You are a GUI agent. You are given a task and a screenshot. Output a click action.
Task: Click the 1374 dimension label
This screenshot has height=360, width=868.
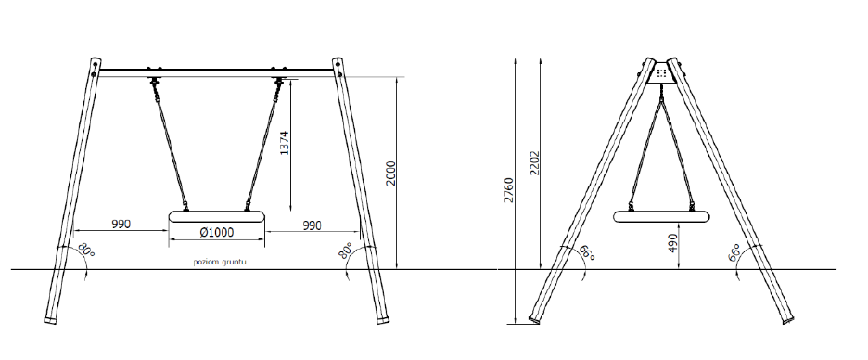click(285, 143)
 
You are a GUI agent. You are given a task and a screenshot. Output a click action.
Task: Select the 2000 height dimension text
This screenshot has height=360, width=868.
click(390, 174)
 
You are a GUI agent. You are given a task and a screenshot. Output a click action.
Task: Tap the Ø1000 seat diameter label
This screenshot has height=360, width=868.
click(216, 232)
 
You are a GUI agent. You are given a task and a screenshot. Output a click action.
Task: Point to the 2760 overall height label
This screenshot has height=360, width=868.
click(509, 190)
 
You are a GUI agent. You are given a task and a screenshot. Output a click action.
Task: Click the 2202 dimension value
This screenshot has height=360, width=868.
click(535, 162)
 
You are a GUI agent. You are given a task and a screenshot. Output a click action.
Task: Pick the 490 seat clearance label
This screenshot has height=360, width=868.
click(673, 242)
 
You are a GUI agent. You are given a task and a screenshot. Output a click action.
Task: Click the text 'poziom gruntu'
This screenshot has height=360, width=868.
click(220, 262)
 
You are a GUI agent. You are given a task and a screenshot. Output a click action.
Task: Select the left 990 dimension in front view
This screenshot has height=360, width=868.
click(121, 225)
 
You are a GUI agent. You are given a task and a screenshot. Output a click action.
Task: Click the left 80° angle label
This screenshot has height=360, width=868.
click(86, 251)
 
